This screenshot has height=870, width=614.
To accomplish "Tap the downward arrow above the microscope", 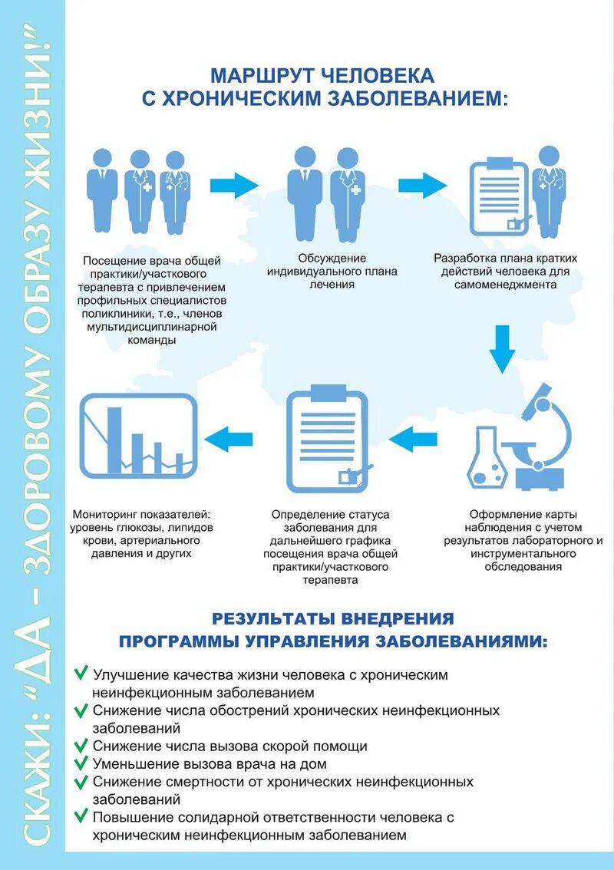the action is tap(503, 348).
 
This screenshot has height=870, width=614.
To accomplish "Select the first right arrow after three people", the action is tap(234, 185).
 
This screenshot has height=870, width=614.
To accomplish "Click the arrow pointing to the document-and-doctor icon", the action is tap(422, 185).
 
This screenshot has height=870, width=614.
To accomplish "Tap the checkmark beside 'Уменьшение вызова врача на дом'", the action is tap(80, 763).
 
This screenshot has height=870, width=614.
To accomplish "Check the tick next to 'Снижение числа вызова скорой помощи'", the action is tap(80, 745).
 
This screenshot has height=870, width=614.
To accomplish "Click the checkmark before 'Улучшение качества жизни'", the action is tap(80, 674).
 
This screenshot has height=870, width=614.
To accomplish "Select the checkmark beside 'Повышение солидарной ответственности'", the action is tap(80, 817).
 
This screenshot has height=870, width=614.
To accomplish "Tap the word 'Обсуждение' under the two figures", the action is tap(332, 258).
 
